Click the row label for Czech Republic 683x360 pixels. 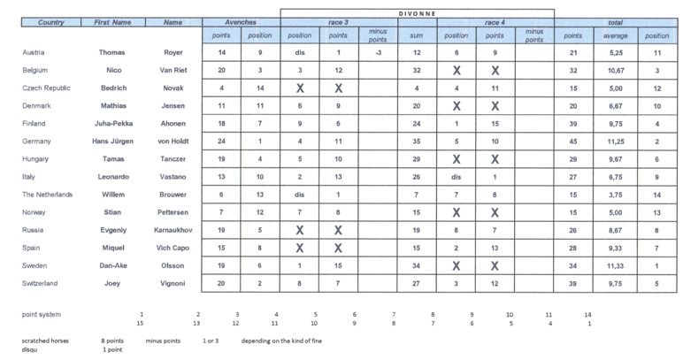[x=45, y=88]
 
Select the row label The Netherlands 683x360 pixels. [x=47, y=194]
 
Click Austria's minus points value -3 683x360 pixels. [x=378, y=52]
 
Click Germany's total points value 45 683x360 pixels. [x=573, y=141]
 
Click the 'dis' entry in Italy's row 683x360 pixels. [x=457, y=176]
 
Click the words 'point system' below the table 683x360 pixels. [x=43, y=314]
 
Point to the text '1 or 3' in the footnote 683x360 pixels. [x=211, y=341]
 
